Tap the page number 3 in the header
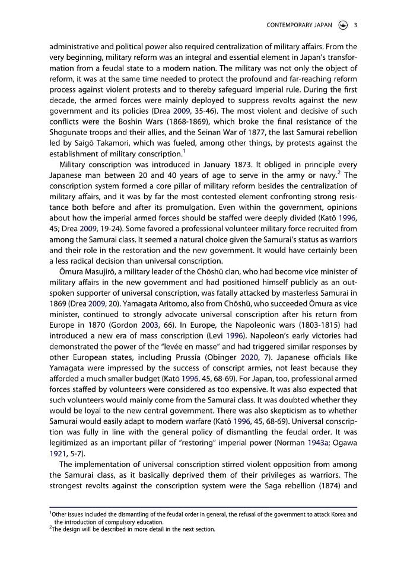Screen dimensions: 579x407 [355, 25]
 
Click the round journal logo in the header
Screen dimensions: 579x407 [342, 25]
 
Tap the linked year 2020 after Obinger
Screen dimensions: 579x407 [250, 357]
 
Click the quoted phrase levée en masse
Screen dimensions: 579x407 [201, 346]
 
